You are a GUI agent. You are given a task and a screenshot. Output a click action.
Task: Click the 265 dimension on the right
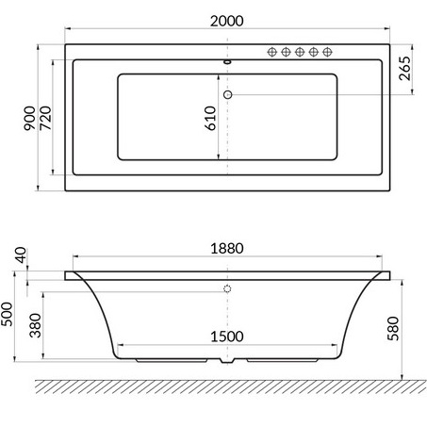pyautogui.click(x=406, y=69)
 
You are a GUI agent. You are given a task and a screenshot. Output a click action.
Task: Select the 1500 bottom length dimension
pyautogui.click(x=226, y=336)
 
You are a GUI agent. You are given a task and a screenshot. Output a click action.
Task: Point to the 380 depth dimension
pyautogui.click(x=35, y=328)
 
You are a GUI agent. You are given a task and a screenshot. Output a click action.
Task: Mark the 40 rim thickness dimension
pyautogui.click(x=20, y=255)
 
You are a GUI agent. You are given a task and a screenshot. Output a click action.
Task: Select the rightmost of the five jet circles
pyautogui.click(x=327, y=53)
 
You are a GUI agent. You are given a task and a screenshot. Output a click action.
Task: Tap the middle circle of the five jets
pyautogui.click(x=299, y=53)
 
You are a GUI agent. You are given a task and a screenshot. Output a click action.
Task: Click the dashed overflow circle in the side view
pyautogui.click(x=227, y=288)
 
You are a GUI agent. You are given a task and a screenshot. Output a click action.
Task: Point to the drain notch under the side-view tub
pyautogui.click(x=227, y=360)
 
